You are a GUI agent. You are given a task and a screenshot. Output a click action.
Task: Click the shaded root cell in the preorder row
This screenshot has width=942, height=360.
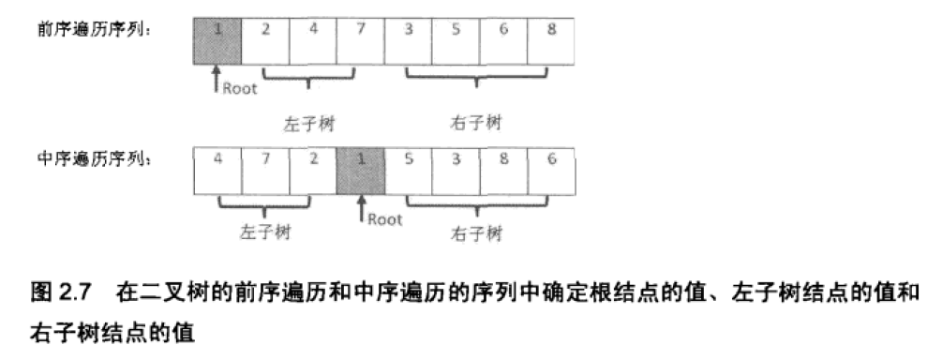[x=217, y=38]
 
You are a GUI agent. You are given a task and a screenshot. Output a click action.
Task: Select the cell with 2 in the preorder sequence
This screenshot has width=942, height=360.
[x=265, y=38]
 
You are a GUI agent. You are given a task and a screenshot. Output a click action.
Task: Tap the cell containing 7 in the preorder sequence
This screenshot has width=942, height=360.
[x=360, y=38]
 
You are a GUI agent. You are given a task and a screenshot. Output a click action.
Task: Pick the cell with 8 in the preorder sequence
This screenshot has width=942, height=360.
[x=551, y=38]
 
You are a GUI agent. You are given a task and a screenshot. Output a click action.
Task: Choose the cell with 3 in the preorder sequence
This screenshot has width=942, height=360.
[x=408, y=38]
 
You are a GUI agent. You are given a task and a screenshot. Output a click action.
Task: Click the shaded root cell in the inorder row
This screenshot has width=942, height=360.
[x=360, y=169]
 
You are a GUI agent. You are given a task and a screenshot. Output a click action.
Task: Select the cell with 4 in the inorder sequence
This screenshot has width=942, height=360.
[x=217, y=169]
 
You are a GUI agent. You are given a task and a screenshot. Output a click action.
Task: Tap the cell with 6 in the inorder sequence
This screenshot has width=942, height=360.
[x=551, y=169]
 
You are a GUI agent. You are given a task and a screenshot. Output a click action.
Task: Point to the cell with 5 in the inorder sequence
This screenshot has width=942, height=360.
[x=408, y=169]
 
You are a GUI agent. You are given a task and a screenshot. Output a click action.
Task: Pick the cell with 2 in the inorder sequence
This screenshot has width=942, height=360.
[x=313, y=169]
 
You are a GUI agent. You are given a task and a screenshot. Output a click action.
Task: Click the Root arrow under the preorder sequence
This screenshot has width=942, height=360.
[x=217, y=79]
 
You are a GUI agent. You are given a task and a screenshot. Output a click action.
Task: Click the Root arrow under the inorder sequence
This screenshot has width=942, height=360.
[x=360, y=209]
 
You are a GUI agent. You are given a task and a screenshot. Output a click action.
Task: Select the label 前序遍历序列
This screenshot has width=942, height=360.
[x=94, y=31]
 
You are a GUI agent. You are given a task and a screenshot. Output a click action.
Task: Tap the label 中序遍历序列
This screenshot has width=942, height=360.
[x=94, y=159]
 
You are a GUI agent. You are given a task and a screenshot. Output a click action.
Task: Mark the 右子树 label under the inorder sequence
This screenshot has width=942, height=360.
[x=476, y=232]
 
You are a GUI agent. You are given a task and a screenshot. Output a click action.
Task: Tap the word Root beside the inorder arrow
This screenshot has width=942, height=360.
[x=384, y=219]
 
